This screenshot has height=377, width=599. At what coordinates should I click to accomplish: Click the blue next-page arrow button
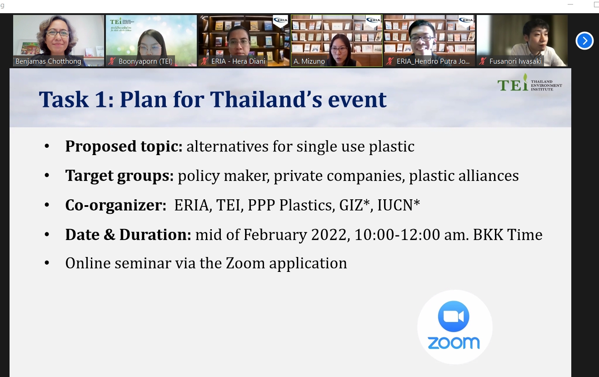[584, 41]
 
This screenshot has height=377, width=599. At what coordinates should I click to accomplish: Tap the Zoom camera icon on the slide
[454, 316]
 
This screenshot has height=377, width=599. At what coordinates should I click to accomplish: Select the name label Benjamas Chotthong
[48, 61]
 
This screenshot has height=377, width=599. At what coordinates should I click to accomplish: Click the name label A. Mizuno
[309, 61]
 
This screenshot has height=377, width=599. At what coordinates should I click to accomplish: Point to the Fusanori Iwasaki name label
[515, 61]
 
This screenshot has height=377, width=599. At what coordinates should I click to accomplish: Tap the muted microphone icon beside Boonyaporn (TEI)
[111, 61]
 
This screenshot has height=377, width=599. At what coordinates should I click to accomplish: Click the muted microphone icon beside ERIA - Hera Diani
[205, 61]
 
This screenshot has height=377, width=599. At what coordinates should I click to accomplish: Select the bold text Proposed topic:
[124, 146]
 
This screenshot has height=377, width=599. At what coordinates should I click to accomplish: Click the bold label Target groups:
[119, 176]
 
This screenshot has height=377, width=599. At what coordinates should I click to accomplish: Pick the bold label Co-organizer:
[115, 205]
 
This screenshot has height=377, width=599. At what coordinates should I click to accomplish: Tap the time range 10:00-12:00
[397, 235]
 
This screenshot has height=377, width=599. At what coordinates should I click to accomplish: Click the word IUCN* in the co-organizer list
[399, 205]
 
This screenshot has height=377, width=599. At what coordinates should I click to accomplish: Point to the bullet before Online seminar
[47, 263]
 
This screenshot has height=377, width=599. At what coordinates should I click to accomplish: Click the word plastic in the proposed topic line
[392, 146]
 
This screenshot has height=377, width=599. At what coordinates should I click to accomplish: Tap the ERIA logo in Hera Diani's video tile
[280, 20]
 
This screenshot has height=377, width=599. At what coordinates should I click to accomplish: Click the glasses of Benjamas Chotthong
[58, 33]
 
